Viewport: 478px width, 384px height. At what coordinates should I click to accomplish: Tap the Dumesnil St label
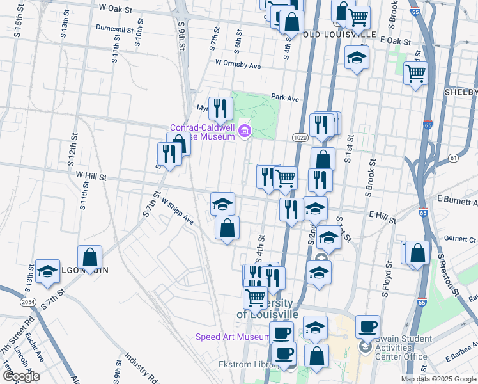click(119, 29)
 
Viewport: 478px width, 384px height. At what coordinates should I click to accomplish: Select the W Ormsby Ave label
click(238, 65)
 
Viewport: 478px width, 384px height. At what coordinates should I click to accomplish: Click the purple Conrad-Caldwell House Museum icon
click(243, 132)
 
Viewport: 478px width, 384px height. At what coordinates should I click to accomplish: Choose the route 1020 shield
click(300, 138)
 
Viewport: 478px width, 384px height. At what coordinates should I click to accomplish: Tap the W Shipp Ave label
click(177, 211)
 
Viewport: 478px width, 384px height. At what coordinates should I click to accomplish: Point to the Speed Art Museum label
click(233, 337)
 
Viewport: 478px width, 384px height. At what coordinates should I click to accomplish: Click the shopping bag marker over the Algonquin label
click(90, 257)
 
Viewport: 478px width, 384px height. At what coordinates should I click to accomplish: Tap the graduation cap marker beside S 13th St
click(47, 271)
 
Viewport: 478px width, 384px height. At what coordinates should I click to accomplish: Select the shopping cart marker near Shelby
click(416, 74)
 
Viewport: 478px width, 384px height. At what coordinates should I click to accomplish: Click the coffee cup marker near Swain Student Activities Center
click(367, 326)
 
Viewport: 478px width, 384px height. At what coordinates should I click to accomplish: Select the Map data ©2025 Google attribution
click(438, 379)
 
